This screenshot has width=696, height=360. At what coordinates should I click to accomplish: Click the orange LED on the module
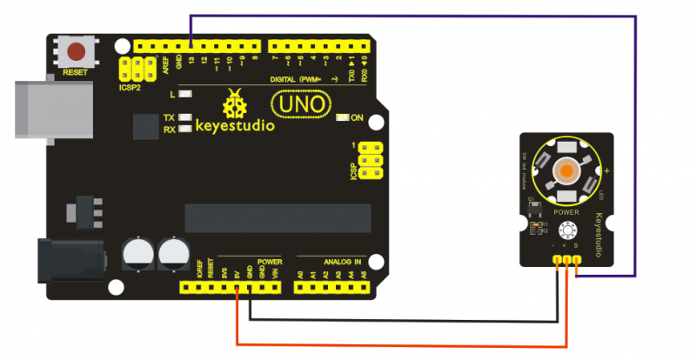tap(565, 171)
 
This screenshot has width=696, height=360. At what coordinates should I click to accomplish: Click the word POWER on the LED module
tap(566, 211)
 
